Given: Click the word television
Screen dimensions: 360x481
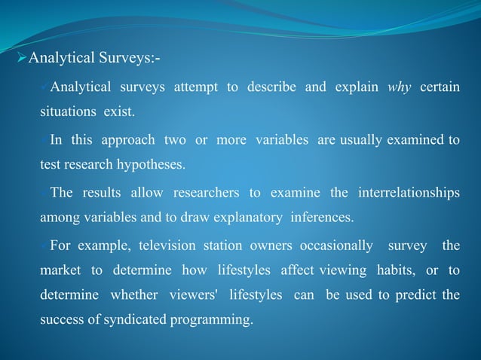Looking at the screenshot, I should point(144,246).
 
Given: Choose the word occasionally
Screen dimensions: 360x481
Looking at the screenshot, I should point(336,246).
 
